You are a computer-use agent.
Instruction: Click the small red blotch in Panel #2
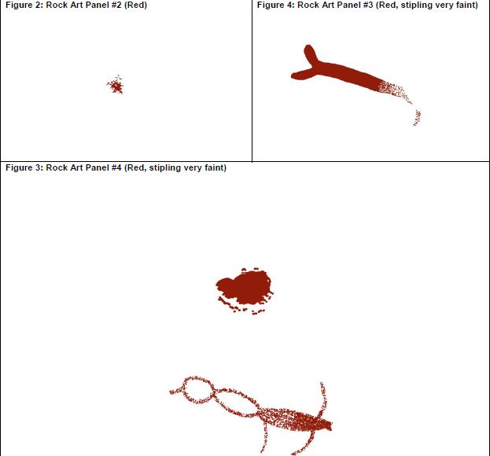coord(116,85)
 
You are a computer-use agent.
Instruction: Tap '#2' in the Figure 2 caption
coord(116,5)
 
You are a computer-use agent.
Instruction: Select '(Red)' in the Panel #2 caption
coord(135,6)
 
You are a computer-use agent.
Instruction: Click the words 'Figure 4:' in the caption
coord(275,5)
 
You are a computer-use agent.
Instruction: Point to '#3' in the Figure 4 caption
coord(367,5)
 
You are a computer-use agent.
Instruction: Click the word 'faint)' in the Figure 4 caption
coord(467,6)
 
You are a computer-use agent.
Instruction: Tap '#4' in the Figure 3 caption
coord(116,167)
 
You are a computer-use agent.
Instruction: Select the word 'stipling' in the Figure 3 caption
coord(165,168)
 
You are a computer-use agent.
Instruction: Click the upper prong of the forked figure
coord(311,54)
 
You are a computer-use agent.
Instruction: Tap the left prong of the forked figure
coord(302,75)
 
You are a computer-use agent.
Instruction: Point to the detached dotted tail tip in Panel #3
coord(418,117)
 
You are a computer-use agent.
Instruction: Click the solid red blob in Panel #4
coord(245,288)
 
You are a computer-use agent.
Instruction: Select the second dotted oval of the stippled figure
coord(237,403)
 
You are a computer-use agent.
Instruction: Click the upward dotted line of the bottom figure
coord(322,399)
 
